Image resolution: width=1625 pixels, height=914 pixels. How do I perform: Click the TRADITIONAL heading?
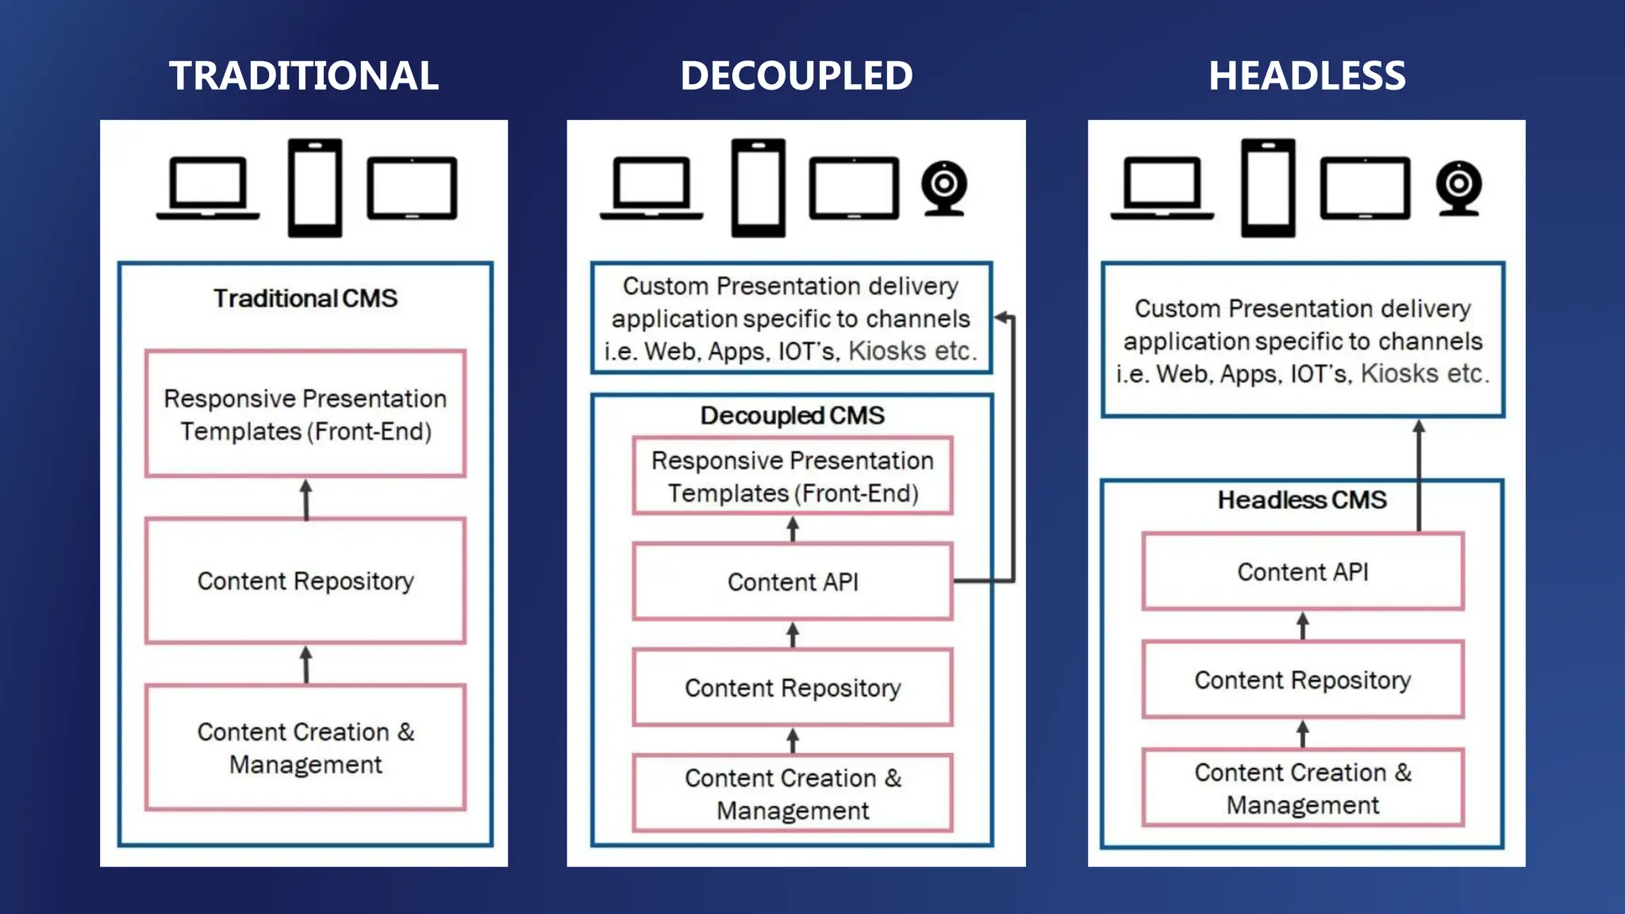(x=304, y=76)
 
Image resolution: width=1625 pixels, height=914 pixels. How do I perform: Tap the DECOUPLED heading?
(x=796, y=76)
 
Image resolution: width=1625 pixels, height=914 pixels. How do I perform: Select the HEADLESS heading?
(x=1307, y=76)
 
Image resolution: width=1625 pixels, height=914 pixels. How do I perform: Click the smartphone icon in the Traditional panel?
(x=315, y=188)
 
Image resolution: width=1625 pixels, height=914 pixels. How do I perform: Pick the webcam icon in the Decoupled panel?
(x=943, y=188)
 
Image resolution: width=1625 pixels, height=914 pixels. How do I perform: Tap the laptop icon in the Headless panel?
(x=1162, y=188)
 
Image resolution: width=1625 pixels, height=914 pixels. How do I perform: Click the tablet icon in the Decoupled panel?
(x=854, y=188)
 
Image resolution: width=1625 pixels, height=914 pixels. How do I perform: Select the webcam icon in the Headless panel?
(x=1458, y=188)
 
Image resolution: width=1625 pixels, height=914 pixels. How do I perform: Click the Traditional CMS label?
(x=305, y=298)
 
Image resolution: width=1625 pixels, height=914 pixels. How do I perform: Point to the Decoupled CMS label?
(x=792, y=416)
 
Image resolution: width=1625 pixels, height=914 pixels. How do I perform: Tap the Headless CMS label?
(x=1302, y=500)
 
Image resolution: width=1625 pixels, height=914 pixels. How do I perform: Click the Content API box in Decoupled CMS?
(x=793, y=582)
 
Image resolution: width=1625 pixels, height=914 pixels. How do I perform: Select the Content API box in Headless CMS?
(x=1303, y=571)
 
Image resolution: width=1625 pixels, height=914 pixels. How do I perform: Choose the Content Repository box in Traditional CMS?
(x=305, y=581)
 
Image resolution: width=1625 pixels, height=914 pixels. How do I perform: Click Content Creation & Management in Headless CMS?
(x=1303, y=788)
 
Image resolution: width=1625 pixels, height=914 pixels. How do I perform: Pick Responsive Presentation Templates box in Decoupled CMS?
(x=793, y=476)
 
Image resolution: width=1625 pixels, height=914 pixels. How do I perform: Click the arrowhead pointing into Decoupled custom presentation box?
(x=1002, y=317)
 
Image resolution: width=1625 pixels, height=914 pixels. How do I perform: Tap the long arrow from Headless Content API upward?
(x=1419, y=476)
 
